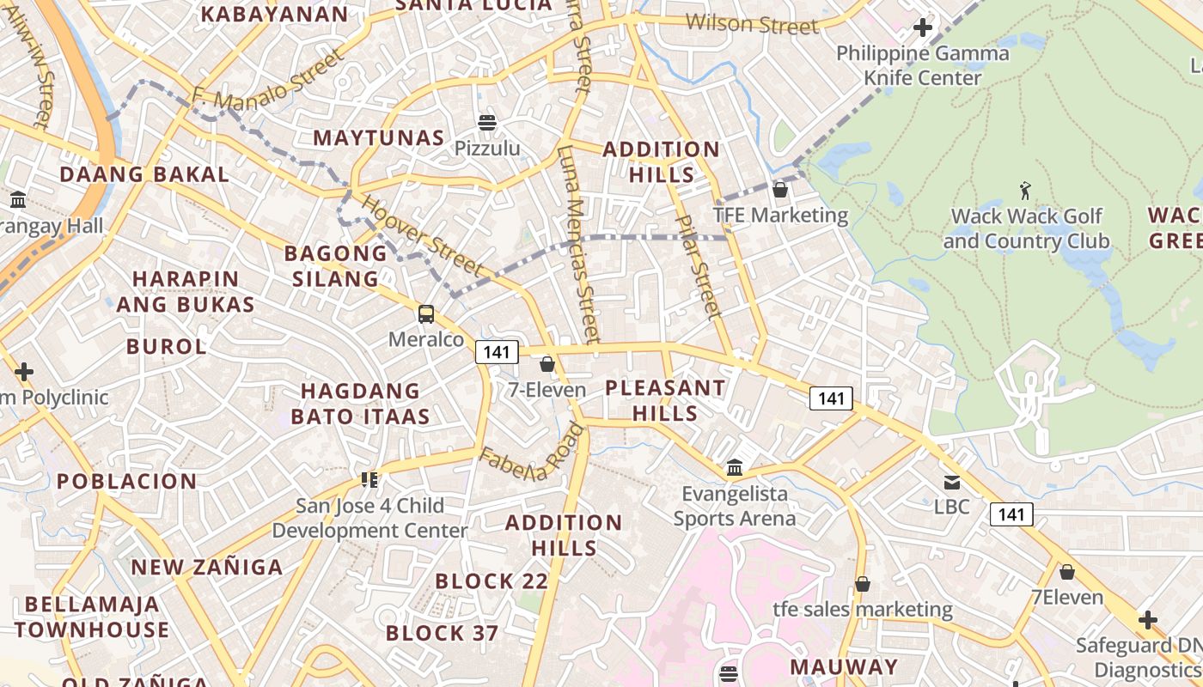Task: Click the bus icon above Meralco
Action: click(x=426, y=314)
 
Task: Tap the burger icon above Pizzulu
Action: click(x=487, y=123)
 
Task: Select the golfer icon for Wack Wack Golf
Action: click(x=1024, y=190)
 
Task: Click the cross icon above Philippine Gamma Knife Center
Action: click(x=923, y=27)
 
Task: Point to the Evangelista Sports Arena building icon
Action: click(x=735, y=468)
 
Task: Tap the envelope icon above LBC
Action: click(x=952, y=482)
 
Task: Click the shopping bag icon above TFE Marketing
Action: click(x=780, y=190)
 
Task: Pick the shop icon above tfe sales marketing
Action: click(x=863, y=585)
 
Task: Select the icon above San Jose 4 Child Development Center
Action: click(x=370, y=479)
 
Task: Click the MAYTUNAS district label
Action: click(x=379, y=137)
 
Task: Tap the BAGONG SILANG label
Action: click(x=336, y=265)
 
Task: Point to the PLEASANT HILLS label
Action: click(x=665, y=400)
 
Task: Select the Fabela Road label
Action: click(x=532, y=453)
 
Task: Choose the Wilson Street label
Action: click(x=753, y=24)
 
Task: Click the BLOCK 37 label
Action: click(x=442, y=634)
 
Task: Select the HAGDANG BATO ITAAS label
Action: click(x=360, y=404)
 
